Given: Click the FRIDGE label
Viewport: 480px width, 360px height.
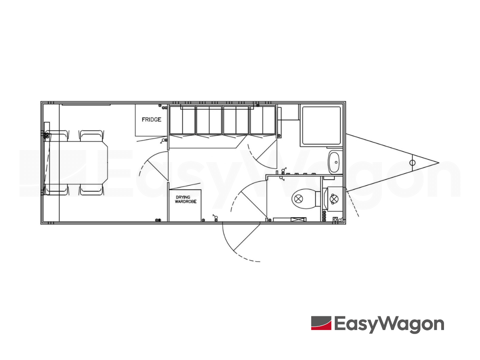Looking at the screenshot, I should pyautogui.click(x=151, y=120).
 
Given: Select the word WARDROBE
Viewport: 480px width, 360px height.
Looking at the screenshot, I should pyautogui.click(x=184, y=202).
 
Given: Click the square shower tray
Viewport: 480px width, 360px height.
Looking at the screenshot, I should pyautogui.click(x=321, y=125).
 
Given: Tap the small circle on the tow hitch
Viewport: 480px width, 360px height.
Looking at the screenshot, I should pyautogui.click(x=412, y=163).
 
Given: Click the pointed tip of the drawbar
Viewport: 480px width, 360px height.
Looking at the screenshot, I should pyautogui.click(x=438, y=163).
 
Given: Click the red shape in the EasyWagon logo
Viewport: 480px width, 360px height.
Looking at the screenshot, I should pyautogui.click(x=321, y=323).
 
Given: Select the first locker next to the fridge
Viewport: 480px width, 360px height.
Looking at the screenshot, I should pyautogui.click(x=182, y=120).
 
